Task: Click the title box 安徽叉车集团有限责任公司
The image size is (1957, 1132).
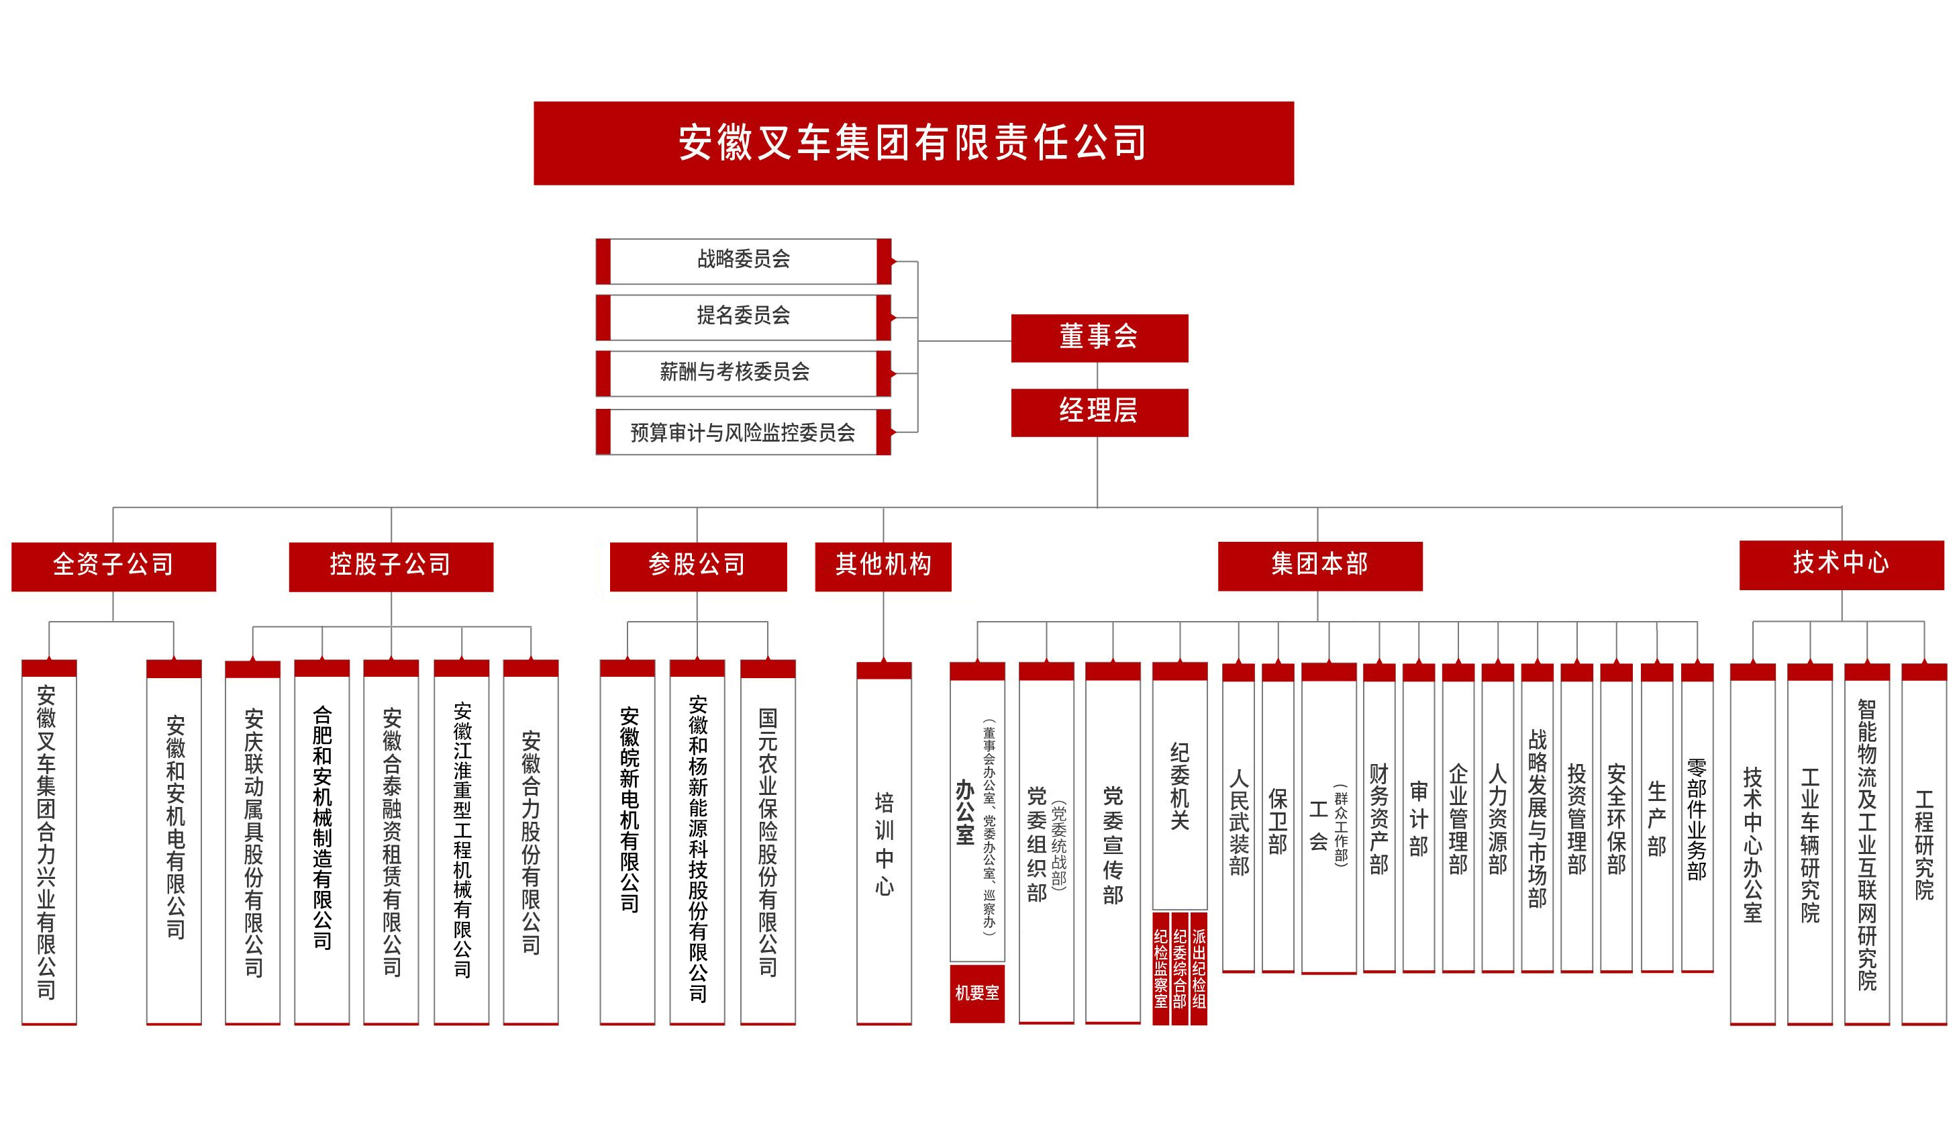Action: pyautogui.click(x=913, y=143)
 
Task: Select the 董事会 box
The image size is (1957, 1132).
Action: pyautogui.click(x=1099, y=338)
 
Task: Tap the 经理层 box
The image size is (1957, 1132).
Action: pyautogui.click(x=1099, y=412)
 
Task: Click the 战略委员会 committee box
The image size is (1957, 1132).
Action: pyautogui.click(x=743, y=261)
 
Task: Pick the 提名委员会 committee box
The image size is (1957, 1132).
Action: pyautogui.click(x=743, y=316)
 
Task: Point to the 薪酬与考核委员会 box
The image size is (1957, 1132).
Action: pyautogui.click(x=743, y=373)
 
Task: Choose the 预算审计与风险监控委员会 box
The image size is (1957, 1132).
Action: pyautogui.click(x=743, y=432)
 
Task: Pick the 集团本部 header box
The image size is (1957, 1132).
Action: pyautogui.click(x=1319, y=565)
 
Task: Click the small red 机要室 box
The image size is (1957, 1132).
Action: pyautogui.click(x=977, y=993)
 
